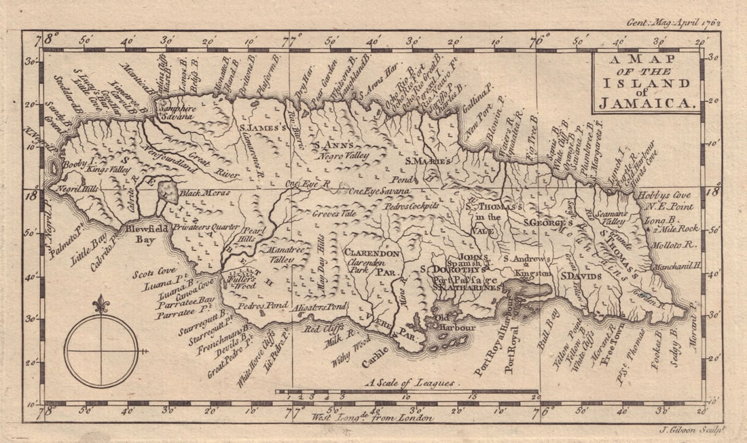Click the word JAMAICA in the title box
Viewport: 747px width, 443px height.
(646, 104)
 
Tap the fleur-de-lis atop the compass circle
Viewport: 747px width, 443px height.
(101, 304)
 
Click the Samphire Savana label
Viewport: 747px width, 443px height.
(177, 112)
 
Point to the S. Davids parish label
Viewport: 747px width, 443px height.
(581, 277)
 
